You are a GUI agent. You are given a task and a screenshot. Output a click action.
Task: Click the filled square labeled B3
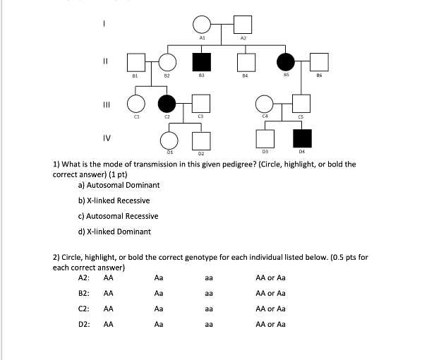coord(202,62)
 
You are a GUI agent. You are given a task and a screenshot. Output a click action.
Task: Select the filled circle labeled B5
coord(285,62)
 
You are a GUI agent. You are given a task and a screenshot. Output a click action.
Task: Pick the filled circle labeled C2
coord(167,104)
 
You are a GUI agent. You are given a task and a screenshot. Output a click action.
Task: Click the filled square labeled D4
coord(302,138)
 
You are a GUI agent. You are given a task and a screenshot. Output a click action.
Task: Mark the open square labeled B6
coord(320,62)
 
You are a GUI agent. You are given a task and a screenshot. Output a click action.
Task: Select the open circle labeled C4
coord(265,104)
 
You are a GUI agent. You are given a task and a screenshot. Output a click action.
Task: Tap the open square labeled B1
coord(135,62)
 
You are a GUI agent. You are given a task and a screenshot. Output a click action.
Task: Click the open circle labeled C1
coord(135,104)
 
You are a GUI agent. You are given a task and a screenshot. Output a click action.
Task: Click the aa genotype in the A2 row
coord(209,278)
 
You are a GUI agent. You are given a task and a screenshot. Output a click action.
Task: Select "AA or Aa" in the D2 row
coord(270,325)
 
